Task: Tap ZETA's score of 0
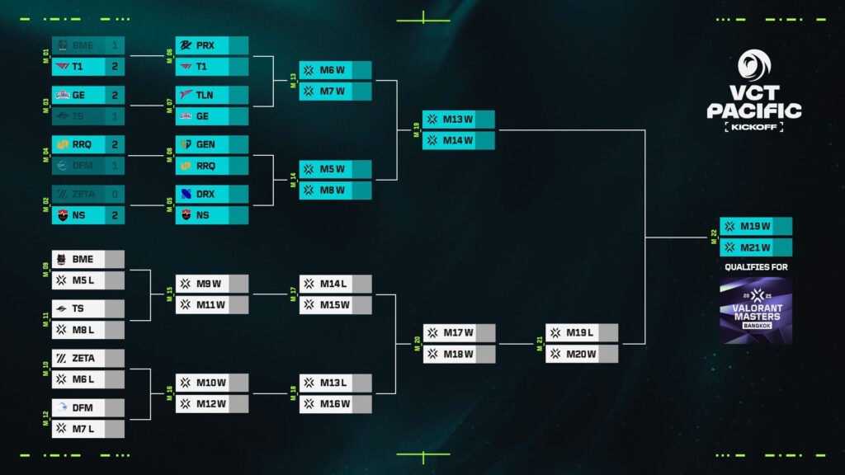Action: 115,195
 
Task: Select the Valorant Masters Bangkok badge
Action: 755,311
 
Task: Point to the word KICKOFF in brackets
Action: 754,127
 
